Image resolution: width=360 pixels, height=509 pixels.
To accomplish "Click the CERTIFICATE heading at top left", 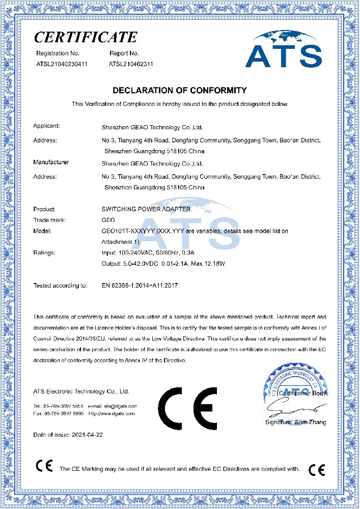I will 86,37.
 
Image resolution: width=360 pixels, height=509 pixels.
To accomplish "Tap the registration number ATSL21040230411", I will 62,64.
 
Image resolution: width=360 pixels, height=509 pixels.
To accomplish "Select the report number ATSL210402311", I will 131,64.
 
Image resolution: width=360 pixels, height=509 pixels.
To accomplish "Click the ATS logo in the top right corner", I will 283,49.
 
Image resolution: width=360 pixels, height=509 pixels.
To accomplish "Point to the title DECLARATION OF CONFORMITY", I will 179,90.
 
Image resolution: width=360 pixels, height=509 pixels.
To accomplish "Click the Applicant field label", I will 47,126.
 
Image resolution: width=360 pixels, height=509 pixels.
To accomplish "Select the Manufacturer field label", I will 51,162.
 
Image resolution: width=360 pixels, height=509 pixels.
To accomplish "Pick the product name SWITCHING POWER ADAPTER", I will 146,209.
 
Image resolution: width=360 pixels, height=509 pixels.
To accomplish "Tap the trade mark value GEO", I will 108,220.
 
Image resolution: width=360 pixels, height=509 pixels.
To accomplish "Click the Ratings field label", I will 44,252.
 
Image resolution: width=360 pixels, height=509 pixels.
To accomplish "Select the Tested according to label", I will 60,286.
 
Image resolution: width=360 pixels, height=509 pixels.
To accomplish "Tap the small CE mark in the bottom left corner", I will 43,466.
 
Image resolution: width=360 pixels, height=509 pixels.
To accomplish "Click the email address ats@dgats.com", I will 121,406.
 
